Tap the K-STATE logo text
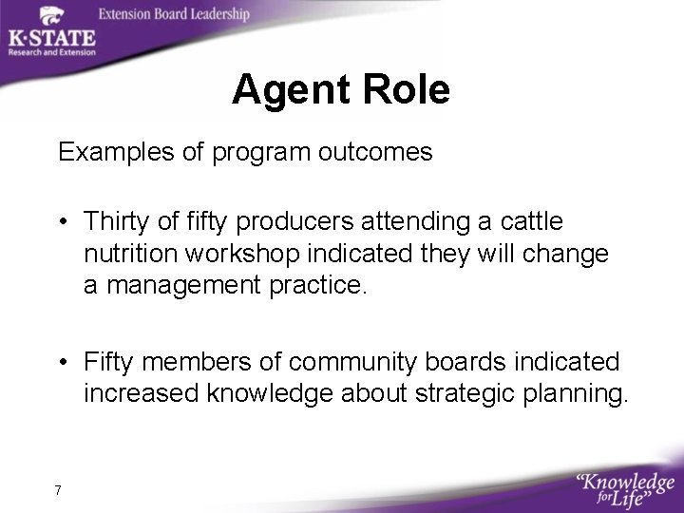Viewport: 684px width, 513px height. [x=51, y=38]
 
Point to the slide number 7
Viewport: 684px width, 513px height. [x=58, y=490]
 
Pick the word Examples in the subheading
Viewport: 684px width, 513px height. [x=106, y=152]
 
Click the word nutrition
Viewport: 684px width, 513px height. [x=124, y=255]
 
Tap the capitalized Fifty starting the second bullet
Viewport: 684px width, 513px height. [x=108, y=362]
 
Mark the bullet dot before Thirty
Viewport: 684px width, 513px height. [x=63, y=222]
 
